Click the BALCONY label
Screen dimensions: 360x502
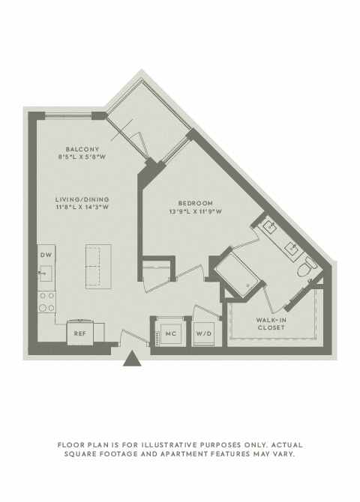click(82, 149)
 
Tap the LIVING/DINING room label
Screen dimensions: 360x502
click(82, 199)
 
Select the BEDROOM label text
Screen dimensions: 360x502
click(196, 203)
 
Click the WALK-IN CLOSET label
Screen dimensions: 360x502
click(271, 324)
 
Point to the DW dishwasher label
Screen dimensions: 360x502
click(46, 255)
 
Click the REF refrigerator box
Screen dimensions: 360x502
click(79, 333)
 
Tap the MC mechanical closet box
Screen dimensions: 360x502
click(171, 333)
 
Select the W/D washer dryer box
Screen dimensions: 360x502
click(203, 334)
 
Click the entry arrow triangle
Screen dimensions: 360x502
click(132, 359)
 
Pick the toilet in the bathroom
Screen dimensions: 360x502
click(306, 267)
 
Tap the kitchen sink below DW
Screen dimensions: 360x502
click(45, 273)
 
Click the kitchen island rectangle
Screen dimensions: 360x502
click(98, 267)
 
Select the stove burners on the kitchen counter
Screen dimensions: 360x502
click(46, 302)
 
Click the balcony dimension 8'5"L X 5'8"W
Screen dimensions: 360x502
click(82, 157)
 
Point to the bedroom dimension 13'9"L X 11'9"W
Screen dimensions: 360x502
click(196, 211)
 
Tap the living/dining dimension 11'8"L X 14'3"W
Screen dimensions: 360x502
click(82, 207)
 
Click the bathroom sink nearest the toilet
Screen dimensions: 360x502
click(292, 248)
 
